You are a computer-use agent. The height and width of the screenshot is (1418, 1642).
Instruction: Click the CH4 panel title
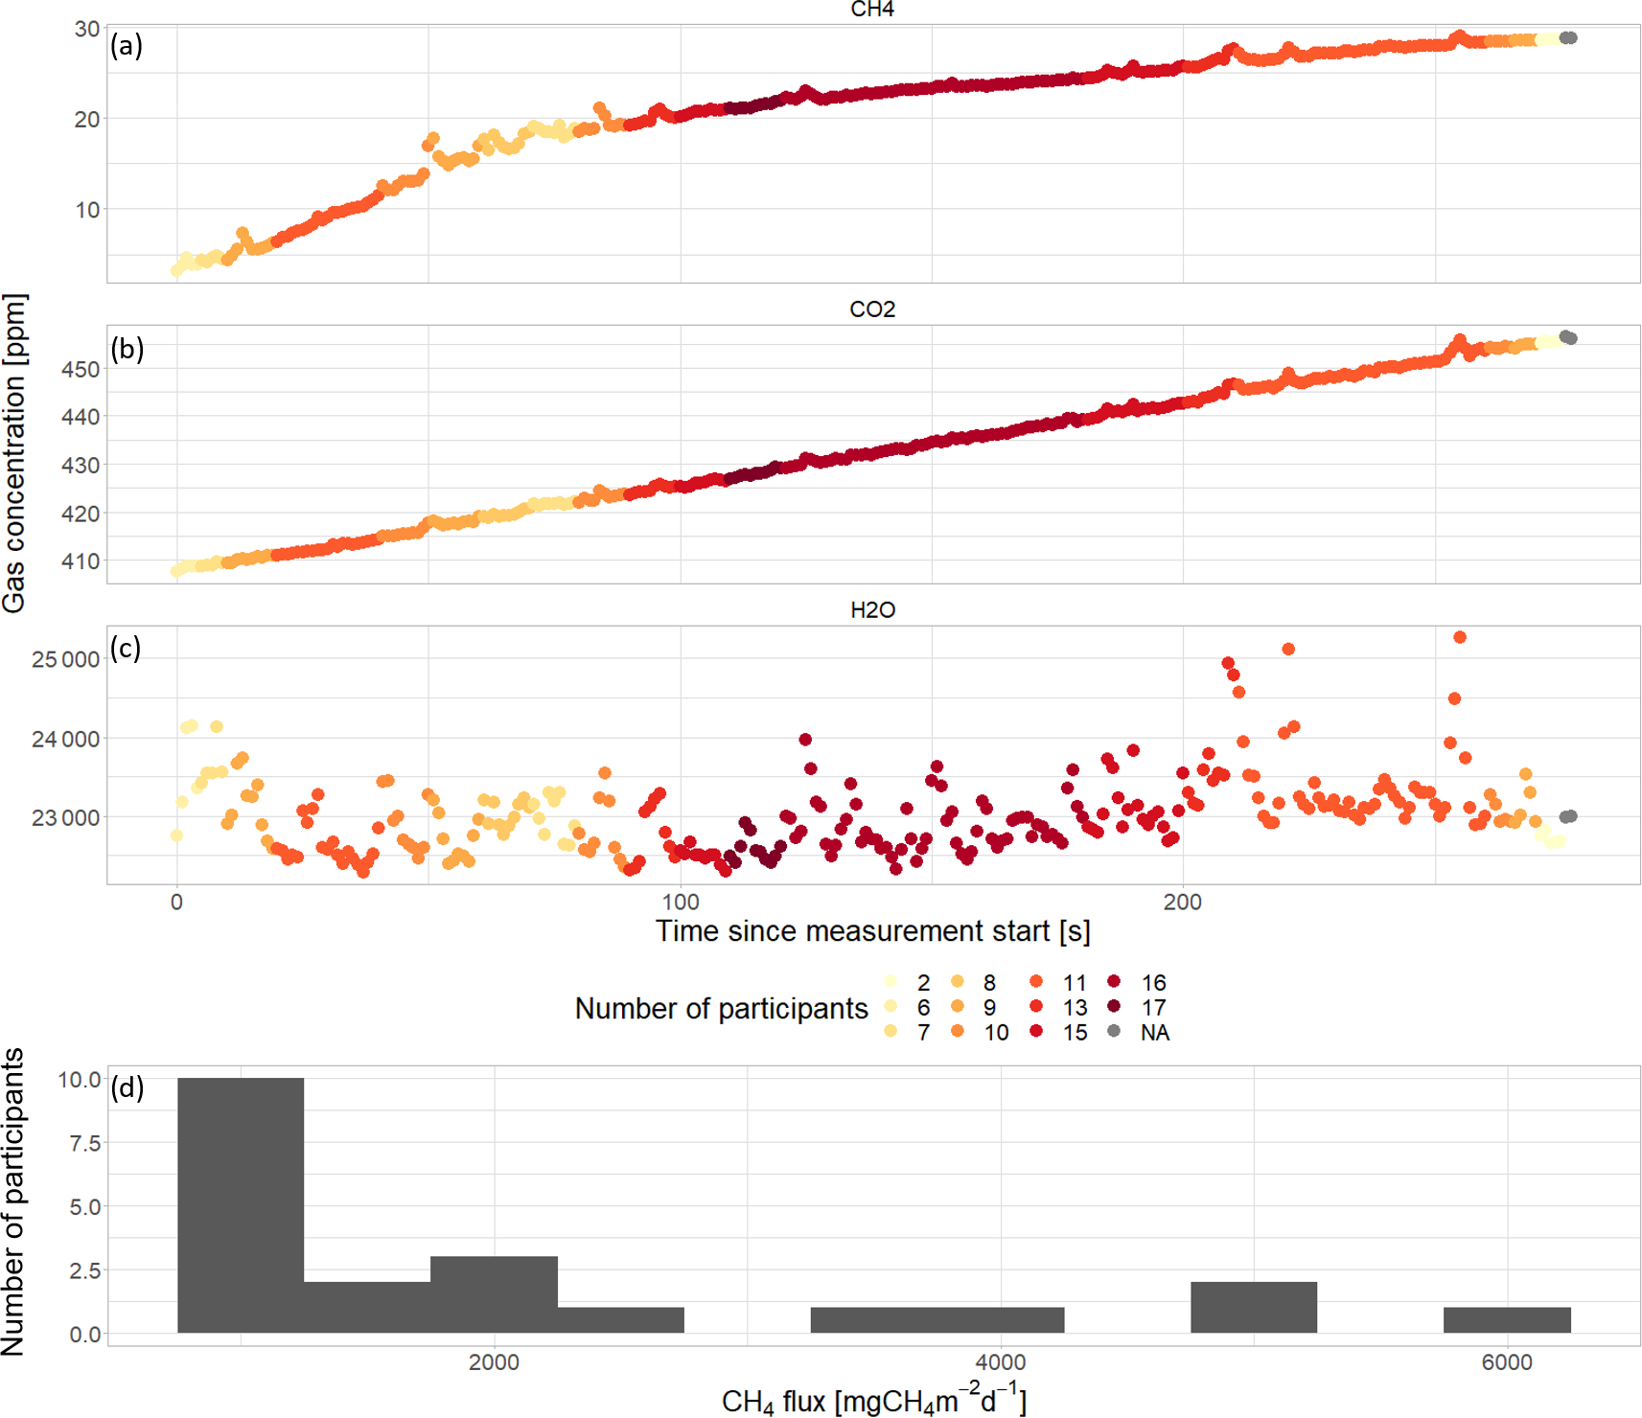(872, 10)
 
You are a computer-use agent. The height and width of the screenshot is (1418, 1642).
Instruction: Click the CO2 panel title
(872, 309)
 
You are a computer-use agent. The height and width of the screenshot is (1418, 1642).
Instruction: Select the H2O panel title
(872, 610)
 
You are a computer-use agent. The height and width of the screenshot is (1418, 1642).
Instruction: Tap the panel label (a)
(127, 45)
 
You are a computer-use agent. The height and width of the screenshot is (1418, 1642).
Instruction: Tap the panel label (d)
(127, 1087)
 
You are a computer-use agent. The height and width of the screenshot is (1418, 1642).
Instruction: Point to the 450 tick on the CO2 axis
(81, 370)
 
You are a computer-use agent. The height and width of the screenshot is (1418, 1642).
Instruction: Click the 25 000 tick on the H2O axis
(65, 659)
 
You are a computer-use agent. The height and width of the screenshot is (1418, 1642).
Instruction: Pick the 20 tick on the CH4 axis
(87, 119)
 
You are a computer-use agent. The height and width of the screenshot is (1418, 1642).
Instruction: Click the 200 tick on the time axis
(1182, 903)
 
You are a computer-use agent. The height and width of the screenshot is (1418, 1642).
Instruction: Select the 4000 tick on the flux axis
(1001, 1362)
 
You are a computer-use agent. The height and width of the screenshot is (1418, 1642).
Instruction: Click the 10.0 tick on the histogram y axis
(80, 1080)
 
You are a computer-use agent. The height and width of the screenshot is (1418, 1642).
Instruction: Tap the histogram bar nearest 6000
(1507, 1320)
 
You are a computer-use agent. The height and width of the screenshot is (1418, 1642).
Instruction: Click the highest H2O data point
(1460, 637)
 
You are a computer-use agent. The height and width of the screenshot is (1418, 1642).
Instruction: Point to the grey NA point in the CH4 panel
(1568, 38)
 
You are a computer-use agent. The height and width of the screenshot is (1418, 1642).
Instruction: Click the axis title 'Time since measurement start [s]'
(872, 931)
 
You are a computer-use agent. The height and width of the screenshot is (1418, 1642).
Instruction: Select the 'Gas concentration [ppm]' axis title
(14, 452)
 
